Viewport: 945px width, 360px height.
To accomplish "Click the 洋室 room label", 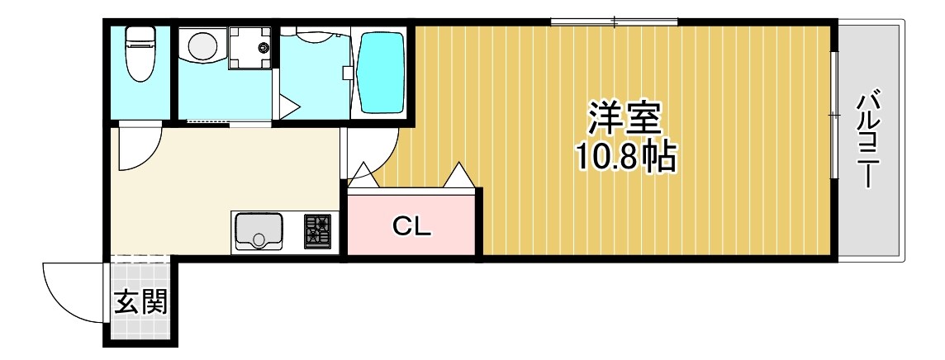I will [x=625, y=119].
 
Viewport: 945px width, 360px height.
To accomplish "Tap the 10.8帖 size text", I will [x=625, y=157].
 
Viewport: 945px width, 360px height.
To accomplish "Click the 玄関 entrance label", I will [x=140, y=303].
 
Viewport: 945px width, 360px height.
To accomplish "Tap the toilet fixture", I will [x=140, y=54].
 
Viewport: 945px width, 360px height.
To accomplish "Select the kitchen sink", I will [x=259, y=230].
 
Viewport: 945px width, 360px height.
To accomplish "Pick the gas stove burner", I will [x=317, y=230].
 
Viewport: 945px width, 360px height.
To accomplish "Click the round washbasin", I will [x=202, y=46].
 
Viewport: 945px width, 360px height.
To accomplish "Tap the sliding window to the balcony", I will [x=834, y=116].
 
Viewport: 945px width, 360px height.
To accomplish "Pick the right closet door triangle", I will [x=458, y=176].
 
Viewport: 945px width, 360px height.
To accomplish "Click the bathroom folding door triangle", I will [x=289, y=107].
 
